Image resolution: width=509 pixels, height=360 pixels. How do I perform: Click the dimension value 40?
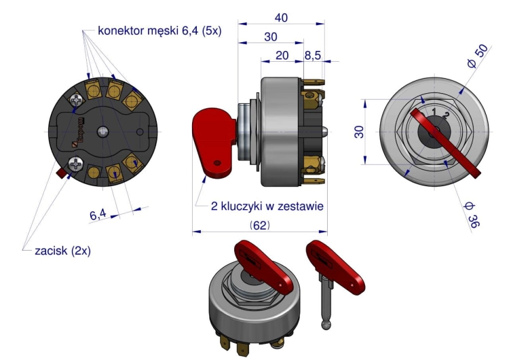280,18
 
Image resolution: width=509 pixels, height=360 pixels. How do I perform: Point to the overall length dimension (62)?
260,225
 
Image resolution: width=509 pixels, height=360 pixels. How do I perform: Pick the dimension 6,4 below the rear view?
98,214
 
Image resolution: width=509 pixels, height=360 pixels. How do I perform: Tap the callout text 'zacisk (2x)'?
62,250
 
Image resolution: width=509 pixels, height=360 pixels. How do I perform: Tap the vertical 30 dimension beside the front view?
360,130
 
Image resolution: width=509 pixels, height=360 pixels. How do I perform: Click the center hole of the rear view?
102,130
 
